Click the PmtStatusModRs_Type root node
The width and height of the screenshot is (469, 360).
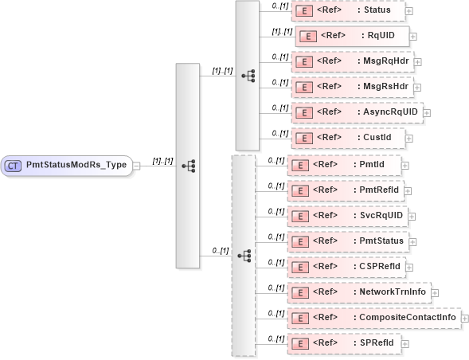pyautogui.click(x=67, y=166)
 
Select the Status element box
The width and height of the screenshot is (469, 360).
pyautogui.click(x=349, y=11)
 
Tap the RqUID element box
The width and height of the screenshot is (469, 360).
pyautogui.click(x=352, y=36)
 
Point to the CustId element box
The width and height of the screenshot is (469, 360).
pyautogui.click(x=348, y=138)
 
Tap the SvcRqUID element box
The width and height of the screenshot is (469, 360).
pyautogui.click(x=346, y=216)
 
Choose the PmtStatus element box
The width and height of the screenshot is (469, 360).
pyautogui.click(x=346, y=241)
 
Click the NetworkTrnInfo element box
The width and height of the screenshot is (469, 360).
pyautogui.click(x=358, y=292)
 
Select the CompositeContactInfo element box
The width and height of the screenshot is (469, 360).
pyautogui.click(x=373, y=318)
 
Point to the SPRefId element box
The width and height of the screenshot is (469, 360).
pyautogui.click(x=343, y=343)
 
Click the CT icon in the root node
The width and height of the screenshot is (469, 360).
pyautogui.click(x=14, y=166)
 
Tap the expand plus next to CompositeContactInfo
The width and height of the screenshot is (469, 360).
pyautogui.click(x=466, y=319)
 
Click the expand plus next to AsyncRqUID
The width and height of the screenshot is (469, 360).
pyautogui.click(x=427, y=113)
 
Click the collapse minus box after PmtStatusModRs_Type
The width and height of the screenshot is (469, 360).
pyautogui.click(x=137, y=166)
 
